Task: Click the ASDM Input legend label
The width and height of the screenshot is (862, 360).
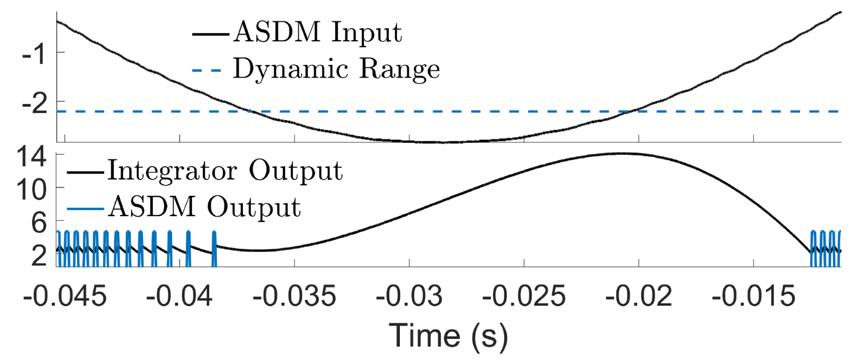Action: tap(317, 33)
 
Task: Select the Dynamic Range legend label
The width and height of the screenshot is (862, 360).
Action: tap(336, 69)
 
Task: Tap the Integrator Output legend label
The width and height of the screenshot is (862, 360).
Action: tap(225, 171)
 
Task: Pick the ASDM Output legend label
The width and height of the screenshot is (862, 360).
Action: tap(205, 207)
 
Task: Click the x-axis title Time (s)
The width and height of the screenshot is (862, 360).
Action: tap(449, 335)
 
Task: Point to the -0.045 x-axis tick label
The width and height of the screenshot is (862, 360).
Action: tap(65, 296)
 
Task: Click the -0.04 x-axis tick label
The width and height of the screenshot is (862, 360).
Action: tap(180, 296)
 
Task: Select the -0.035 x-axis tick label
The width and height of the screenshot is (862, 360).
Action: tap(294, 296)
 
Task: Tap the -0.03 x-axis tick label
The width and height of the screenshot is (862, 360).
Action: tap(409, 296)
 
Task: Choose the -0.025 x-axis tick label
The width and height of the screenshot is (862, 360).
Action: tap(524, 296)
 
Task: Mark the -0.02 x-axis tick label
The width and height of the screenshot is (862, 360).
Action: tap(638, 296)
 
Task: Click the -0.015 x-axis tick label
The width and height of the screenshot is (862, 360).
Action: tap(753, 296)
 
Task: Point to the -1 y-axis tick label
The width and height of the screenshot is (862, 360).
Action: tap(35, 53)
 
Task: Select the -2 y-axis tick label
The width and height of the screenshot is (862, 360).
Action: tap(35, 104)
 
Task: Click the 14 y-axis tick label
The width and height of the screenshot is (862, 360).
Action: tap(32, 157)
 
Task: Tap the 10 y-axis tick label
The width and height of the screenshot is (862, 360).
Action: tap(32, 190)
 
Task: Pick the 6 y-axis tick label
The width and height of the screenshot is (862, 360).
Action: tap(39, 222)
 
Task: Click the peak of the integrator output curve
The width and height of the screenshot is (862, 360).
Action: tap(622, 153)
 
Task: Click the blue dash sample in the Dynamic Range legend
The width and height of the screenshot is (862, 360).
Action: tap(207, 70)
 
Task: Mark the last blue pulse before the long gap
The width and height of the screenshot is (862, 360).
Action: tap(214, 248)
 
